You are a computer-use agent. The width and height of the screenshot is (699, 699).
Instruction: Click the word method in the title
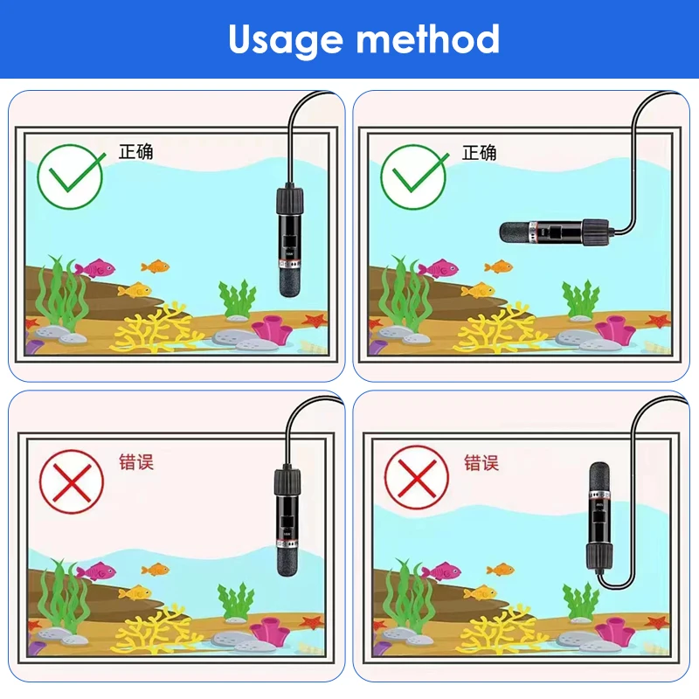pos(428,38)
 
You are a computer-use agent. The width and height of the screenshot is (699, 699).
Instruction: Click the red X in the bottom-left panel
pos(72,482)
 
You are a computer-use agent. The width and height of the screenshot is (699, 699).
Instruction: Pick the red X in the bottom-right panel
pos(417,478)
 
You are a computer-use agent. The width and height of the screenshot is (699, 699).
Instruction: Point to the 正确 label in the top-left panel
pos(136,151)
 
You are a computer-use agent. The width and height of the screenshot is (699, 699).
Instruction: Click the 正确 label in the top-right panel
pos(479,152)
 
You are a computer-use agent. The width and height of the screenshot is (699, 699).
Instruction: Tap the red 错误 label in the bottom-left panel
pos(136,462)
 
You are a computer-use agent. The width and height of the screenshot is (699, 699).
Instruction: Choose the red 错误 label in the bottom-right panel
pos(481,463)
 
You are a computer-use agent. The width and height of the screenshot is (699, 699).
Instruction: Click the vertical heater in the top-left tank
pos(290,242)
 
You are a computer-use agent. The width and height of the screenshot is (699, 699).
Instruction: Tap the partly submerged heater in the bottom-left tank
pos(288,522)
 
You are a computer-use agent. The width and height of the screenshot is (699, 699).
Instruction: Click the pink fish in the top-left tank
pos(95,268)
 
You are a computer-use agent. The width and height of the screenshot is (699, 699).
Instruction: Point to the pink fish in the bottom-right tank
pos(440,571)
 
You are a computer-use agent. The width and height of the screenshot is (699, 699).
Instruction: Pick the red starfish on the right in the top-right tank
pos(659,320)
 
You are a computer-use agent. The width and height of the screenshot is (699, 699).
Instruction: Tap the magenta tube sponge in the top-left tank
pos(271,329)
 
